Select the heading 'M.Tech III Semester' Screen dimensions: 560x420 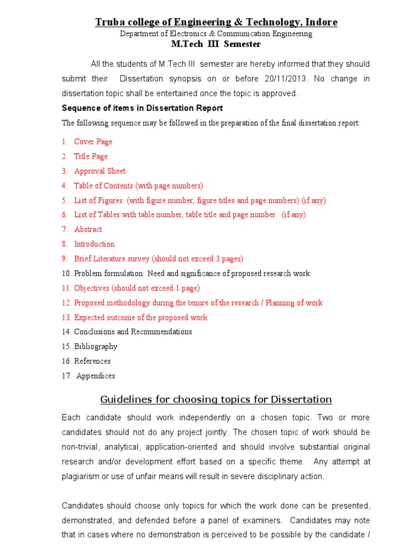coord(216,44)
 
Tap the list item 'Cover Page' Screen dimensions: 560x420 coord(93,142)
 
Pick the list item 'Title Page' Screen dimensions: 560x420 coord(91,156)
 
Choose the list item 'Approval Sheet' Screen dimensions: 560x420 coord(100,171)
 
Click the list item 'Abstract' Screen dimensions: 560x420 coord(87,230)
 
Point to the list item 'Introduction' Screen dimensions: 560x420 coord(94,244)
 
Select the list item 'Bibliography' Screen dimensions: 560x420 coord(96,346)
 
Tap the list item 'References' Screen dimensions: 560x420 coord(92,361)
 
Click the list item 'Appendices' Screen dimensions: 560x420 coord(96,376)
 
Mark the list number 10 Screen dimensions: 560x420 coord(66,273)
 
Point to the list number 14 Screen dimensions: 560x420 coord(66,332)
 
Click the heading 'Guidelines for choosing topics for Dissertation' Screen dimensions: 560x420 coord(216,399)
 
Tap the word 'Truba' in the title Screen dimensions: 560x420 coord(110,22)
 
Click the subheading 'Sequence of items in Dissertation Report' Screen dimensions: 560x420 coord(142,108)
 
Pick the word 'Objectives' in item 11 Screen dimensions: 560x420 coord(92,288)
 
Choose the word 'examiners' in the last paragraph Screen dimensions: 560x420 coord(264,521)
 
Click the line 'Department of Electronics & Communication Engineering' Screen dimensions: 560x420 coord(216,34)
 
